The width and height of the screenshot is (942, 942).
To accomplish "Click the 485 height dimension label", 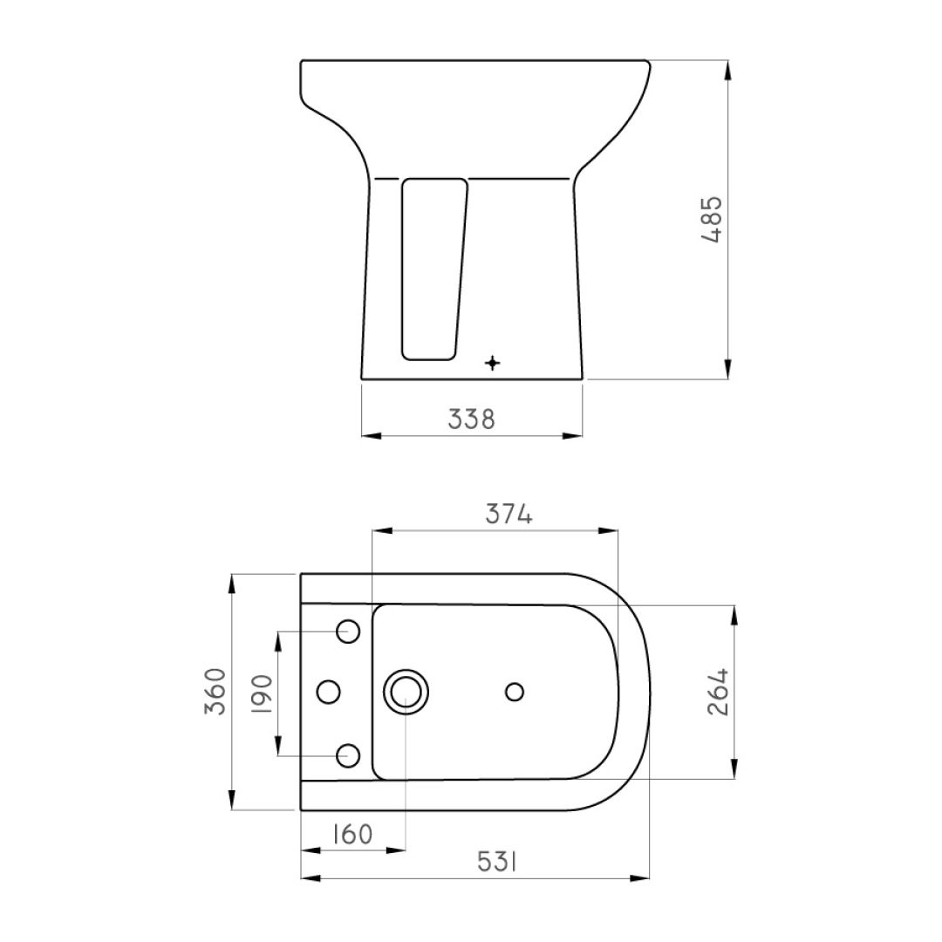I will point(713,220).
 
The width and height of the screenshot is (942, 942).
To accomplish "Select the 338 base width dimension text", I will point(471,420).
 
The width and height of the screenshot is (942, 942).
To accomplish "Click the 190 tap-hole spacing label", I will point(263,693).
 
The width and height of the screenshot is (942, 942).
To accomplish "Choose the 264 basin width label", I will point(717,693).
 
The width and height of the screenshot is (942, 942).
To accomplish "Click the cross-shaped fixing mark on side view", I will point(493,363).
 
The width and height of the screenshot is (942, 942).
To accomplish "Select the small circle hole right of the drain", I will point(515,692).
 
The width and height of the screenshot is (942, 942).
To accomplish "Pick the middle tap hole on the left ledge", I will point(328,692).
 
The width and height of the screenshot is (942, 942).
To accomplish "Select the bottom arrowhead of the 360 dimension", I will point(232,803).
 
